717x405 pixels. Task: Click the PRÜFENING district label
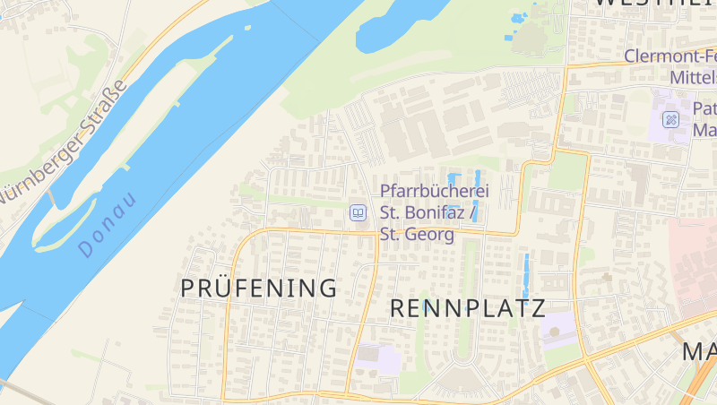(259, 289)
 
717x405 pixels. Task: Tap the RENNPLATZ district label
(468, 309)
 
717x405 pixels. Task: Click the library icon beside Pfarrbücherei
(358, 213)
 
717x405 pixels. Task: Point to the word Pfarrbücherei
(435, 192)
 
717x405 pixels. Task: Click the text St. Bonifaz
(426, 213)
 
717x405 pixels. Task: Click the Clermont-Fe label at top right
(669, 56)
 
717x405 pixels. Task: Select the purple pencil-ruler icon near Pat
(670, 119)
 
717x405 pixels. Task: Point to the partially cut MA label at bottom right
(699, 351)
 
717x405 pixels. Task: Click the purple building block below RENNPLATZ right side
(557, 331)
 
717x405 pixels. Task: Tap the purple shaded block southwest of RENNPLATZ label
(380, 359)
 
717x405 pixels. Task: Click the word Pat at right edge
(705, 108)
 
